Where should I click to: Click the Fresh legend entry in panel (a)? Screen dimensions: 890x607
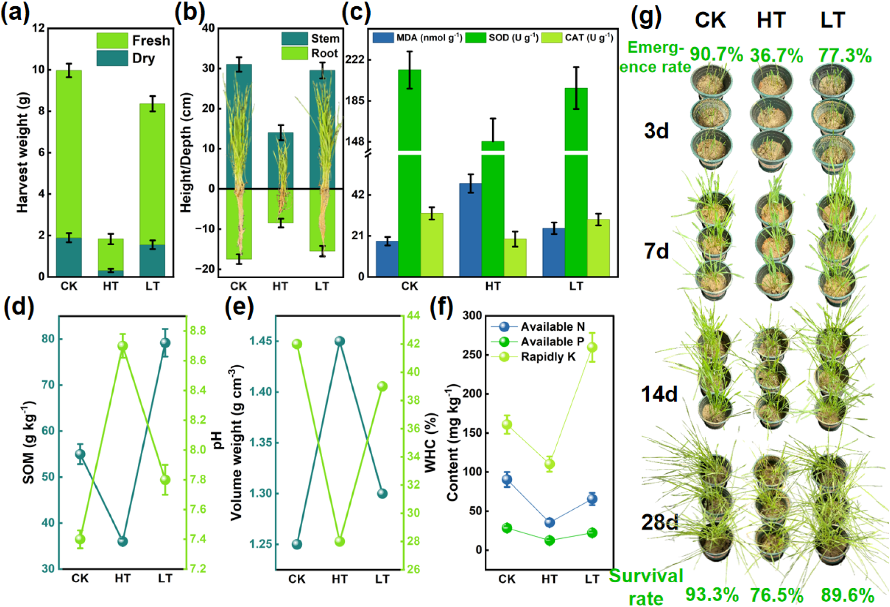click(133, 40)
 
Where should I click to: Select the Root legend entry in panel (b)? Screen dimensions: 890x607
click(310, 54)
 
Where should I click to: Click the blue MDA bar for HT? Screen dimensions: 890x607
click(470, 230)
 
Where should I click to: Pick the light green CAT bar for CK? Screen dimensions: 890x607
click(431, 245)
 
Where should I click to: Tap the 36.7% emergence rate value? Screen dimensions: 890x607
click(776, 55)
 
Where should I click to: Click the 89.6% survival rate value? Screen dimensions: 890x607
click(848, 595)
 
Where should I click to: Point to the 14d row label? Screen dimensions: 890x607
click(659, 393)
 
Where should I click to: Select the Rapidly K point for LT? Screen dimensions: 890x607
click(592, 347)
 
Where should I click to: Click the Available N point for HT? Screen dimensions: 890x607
click(549, 522)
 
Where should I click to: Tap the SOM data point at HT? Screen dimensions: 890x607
click(122, 541)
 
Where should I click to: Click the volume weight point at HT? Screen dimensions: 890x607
click(340, 341)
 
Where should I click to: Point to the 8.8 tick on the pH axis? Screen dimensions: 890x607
click(198, 331)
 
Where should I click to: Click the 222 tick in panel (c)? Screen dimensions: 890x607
click(355, 59)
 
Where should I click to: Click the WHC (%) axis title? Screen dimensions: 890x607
click(431, 443)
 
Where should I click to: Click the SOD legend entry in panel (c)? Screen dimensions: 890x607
click(502, 37)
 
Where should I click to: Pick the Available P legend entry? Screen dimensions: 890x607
click(538, 342)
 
